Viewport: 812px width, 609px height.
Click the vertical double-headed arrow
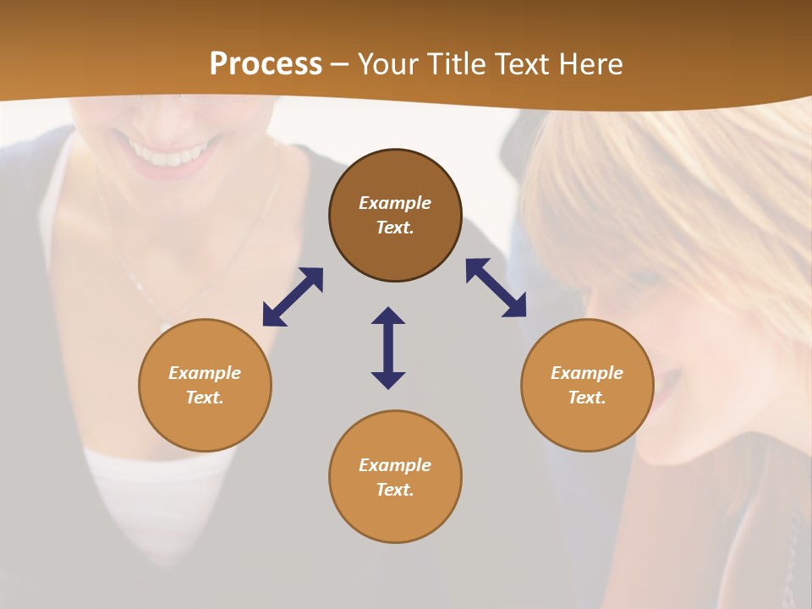pyautogui.click(x=388, y=348)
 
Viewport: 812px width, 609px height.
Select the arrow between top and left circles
pyautogui.click(x=293, y=297)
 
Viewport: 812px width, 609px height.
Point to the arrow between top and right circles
pyautogui.click(x=496, y=288)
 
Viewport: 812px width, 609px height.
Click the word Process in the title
pyautogui.click(x=266, y=63)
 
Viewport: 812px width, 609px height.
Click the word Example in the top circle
pyautogui.click(x=395, y=203)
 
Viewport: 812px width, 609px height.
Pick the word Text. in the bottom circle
pyautogui.click(x=395, y=490)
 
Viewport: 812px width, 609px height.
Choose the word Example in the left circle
pyautogui.click(x=205, y=373)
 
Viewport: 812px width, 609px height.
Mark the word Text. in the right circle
pyautogui.click(x=587, y=398)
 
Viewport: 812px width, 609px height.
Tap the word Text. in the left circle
pyautogui.click(x=205, y=398)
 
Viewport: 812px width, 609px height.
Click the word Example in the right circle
pyautogui.click(x=587, y=373)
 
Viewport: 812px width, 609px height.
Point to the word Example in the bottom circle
pyautogui.click(x=395, y=465)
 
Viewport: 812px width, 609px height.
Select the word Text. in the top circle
pyautogui.click(x=395, y=228)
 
